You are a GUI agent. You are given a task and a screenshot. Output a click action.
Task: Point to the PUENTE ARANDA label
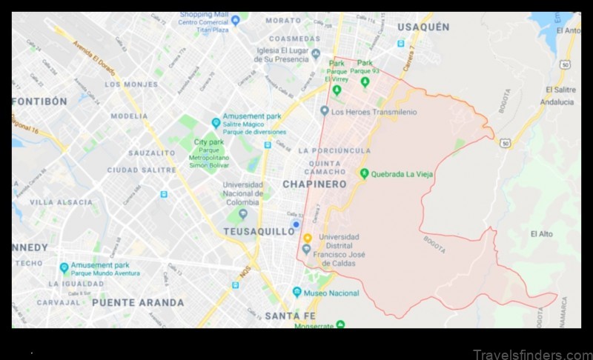click(x=138, y=302)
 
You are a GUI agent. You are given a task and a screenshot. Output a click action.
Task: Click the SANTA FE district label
click(x=291, y=316)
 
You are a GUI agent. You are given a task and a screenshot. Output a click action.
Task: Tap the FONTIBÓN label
click(x=40, y=101)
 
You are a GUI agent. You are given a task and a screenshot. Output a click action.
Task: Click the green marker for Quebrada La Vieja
click(x=364, y=173)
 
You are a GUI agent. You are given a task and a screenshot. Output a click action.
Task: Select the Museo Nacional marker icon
click(x=297, y=292)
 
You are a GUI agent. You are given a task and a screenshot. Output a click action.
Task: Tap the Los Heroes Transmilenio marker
click(x=324, y=111)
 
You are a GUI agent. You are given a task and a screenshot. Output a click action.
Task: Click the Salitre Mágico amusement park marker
click(x=216, y=122)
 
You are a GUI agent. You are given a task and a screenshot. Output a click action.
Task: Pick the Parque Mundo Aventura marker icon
click(x=64, y=267)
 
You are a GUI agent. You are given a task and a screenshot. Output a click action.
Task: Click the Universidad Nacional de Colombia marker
click(x=242, y=214)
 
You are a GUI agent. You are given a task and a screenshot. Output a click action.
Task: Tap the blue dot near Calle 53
click(x=296, y=224)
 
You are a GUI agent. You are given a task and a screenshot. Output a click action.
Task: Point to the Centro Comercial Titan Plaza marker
click(x=236, y=20)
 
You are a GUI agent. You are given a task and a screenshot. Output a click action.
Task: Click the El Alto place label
click(x=541, y=234)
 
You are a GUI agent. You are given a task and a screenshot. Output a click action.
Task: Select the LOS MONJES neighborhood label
click(x=131, y=84)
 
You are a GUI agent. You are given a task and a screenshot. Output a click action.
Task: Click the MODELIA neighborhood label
click(x=130, y=116)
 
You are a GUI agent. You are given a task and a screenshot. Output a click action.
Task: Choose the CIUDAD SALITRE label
click(x=141, y=170)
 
